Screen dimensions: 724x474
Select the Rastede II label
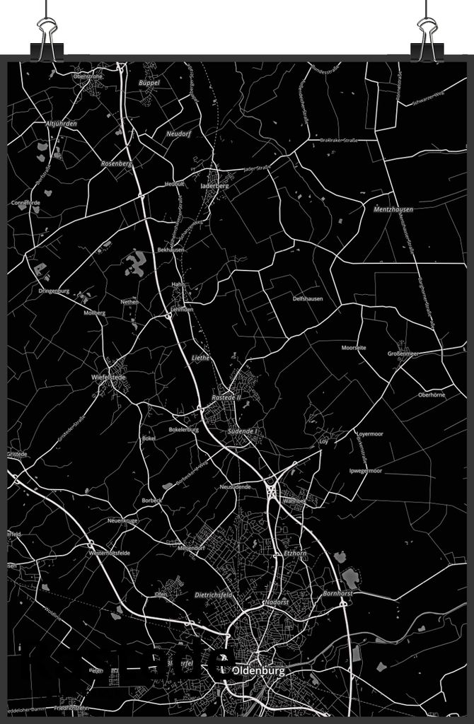226,398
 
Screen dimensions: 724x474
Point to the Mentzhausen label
393,210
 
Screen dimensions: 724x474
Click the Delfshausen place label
308,298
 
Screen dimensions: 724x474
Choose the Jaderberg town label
215,186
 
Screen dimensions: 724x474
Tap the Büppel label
149,83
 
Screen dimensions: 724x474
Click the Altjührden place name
60,124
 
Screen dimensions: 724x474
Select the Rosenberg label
117,163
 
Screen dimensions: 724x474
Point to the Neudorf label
179,134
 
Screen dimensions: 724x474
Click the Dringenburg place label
54,291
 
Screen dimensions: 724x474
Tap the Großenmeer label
403,354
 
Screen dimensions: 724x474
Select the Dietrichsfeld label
214,595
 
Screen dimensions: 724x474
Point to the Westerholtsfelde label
109,552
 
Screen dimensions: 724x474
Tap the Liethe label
201,358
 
